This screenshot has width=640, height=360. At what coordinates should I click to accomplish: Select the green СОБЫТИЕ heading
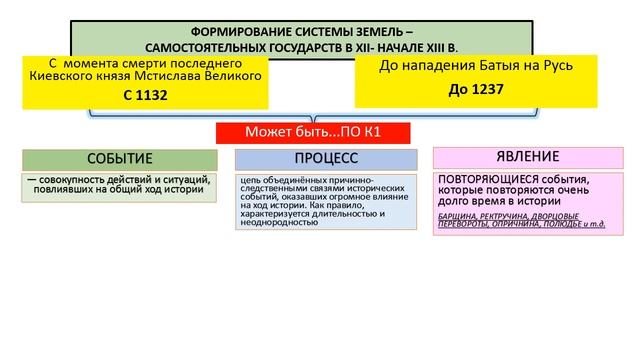click(120, 159)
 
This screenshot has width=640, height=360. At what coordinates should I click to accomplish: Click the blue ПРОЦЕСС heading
click(326, 159)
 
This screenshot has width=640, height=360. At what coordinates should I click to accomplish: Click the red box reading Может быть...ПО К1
click(316, 132)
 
